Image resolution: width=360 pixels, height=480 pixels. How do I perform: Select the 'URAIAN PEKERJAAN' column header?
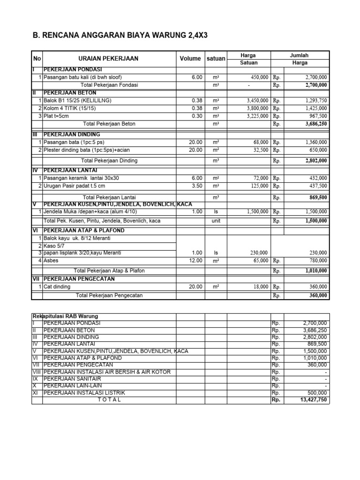coord(108,59)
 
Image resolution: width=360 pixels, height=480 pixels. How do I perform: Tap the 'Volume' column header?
coord(190,59)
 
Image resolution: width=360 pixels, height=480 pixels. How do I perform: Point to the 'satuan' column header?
coord(216,59)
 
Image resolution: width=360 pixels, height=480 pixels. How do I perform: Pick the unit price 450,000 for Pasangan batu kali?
coord(258,77)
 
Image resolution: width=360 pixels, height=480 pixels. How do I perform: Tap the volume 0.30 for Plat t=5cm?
coord(196,116)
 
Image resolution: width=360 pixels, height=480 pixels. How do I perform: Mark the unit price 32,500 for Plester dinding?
coord(260,150)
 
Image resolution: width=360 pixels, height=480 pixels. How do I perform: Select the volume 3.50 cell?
coord(196,186)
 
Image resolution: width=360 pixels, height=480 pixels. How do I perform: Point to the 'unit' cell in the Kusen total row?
coord(216,220)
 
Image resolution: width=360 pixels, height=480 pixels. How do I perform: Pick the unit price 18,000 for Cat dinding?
coord(260,286)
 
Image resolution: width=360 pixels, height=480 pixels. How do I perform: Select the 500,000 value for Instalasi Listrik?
coord(316,392)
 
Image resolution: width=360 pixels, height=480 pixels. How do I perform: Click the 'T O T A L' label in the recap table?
coord(109,400)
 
